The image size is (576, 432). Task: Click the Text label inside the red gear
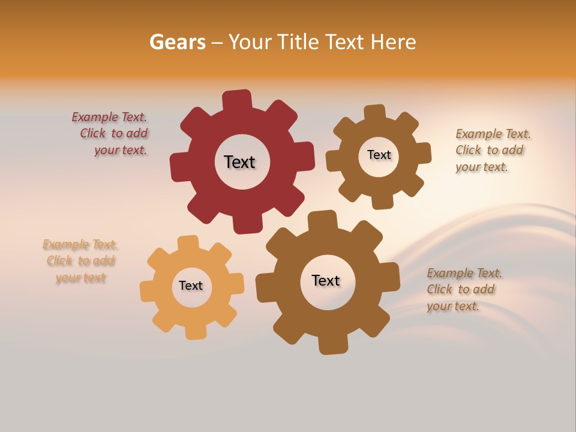click(x=239, y=162)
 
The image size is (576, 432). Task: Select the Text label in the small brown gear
click(x=379, y=155)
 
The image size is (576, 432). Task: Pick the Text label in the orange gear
click(x=191, y=286)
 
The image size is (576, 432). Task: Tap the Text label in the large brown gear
click(x=326, y=280)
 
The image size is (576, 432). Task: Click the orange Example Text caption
click(x=80, y=261)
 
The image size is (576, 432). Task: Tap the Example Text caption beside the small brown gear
click(x=492, y=150)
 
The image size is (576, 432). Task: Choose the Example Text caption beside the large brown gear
click(x=463, y=289)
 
